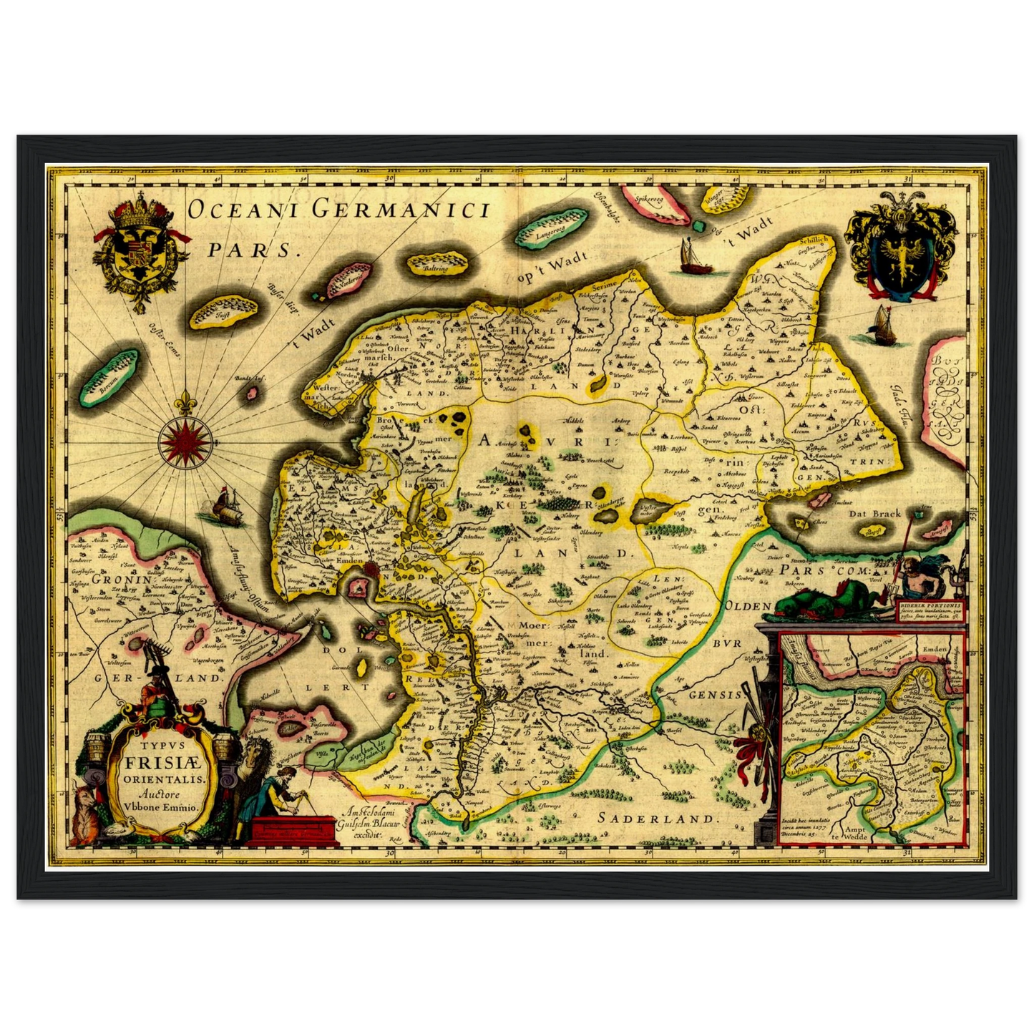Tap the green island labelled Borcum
(109, 376)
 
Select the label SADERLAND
(656, 818)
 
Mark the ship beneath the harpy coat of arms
(879, 326)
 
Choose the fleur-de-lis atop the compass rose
(187, 404)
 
